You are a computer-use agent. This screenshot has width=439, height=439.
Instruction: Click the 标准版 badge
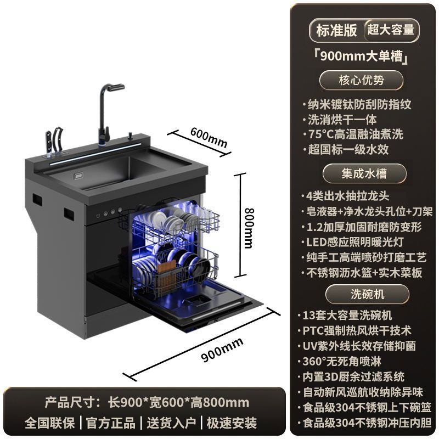pos(336,30)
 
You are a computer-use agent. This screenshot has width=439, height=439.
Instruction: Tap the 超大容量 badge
pos(391,30)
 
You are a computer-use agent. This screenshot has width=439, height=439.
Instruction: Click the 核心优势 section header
pos(362,80)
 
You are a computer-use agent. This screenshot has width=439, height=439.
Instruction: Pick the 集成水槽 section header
pos(362,173)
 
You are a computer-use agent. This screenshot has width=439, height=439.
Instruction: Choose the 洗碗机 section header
pos(362,294)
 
